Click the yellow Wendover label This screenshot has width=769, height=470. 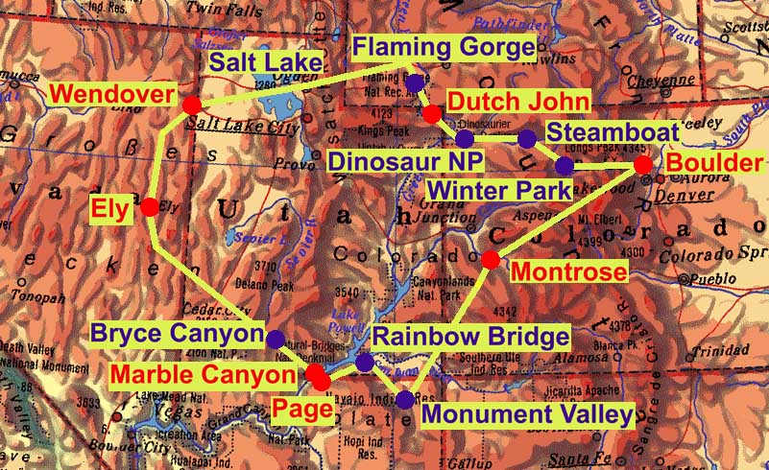110,95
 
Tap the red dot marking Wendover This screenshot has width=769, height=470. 190,104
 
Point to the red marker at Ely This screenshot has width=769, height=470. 150,205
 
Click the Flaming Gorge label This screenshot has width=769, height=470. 442,47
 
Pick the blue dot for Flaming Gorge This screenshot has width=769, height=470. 414,84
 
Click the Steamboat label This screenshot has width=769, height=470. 613,132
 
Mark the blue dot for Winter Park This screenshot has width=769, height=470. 565,166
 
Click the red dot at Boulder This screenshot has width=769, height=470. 642,165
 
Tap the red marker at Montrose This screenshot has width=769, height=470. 490,259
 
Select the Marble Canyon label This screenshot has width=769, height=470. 203,373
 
